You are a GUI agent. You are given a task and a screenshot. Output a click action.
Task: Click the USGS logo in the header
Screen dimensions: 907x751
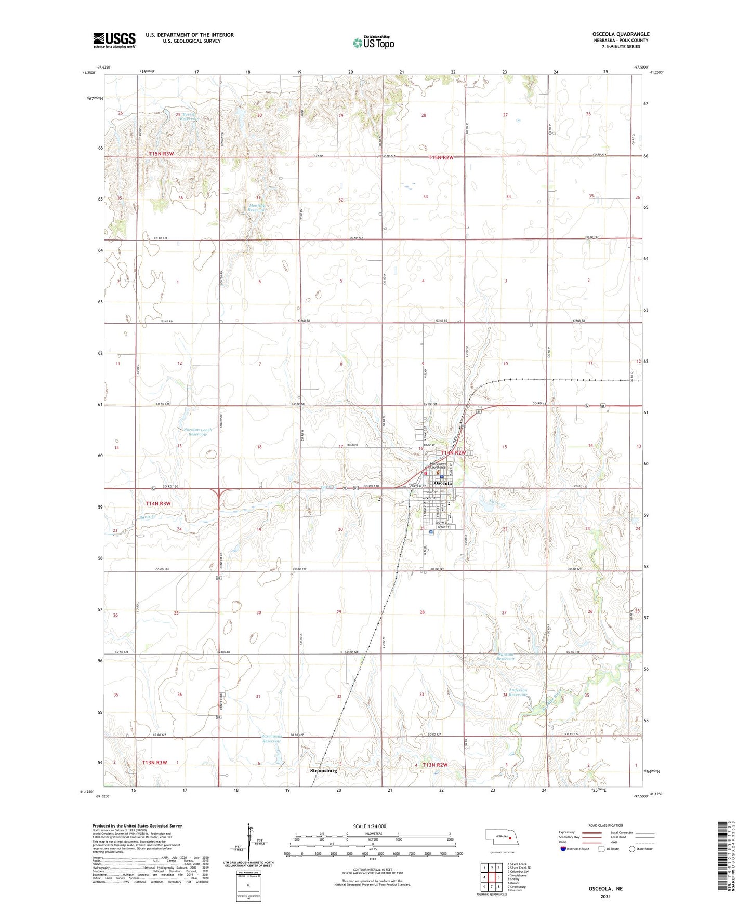114,40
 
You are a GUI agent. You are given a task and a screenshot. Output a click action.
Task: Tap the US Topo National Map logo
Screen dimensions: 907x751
373,43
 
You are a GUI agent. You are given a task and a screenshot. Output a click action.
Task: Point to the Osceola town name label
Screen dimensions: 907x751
443,483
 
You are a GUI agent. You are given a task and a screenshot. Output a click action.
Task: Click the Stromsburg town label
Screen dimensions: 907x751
323,770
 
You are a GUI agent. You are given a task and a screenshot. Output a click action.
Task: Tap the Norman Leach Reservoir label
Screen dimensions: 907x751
197,432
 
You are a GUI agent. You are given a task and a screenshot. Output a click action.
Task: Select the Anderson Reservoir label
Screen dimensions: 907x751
518,692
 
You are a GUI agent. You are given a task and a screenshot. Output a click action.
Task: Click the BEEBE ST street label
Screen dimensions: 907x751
442,527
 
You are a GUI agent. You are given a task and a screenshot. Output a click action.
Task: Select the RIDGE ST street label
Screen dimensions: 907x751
428,445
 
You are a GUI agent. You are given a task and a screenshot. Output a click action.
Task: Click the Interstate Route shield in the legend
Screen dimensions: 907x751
563,849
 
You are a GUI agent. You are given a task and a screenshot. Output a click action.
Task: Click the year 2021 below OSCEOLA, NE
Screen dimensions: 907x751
605,897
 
